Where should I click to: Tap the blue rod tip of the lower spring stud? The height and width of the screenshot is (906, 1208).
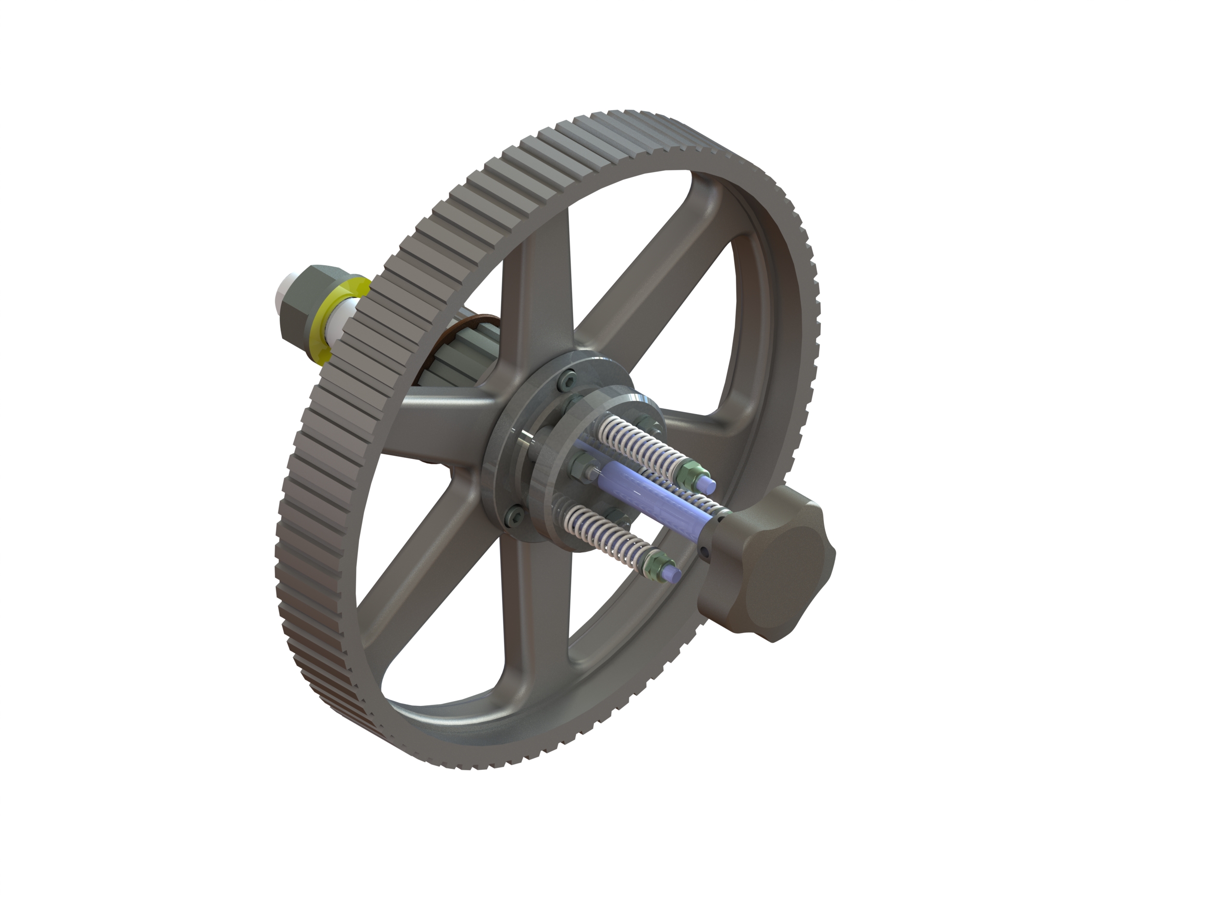coord(674,574)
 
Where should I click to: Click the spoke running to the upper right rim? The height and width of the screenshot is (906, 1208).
coord(655,295)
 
